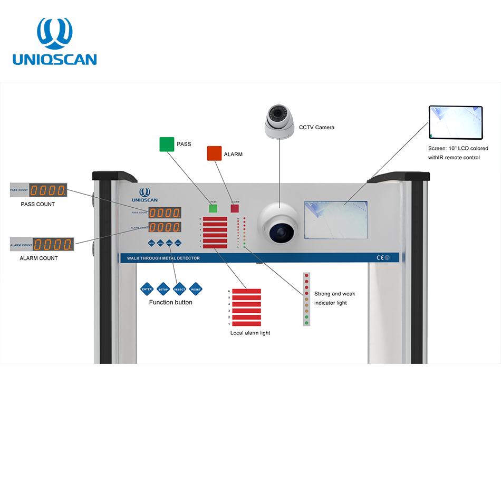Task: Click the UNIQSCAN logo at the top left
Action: [55, 42]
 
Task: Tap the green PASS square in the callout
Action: [167, 144]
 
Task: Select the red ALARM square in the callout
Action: [214, 153]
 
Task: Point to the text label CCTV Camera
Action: [316, 127]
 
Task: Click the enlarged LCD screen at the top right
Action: [456, 122]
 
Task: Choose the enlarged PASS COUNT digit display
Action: [47, 190]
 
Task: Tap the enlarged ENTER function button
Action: [147, 289]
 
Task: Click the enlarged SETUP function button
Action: [163, 289]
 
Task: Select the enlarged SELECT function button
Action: [179, 289]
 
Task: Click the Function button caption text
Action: [170, 302]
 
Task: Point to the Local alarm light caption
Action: [250, 333]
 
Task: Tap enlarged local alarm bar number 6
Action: [247, 291]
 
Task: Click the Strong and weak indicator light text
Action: [334, 298]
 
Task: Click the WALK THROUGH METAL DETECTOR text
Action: [160, 258]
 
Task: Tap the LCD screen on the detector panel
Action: [336, 220]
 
